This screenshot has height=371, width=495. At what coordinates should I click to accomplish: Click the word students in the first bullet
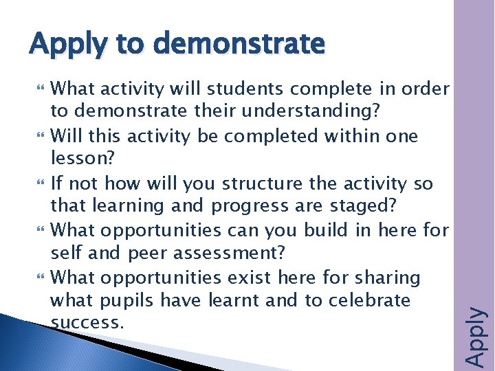(x=244, y=89)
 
